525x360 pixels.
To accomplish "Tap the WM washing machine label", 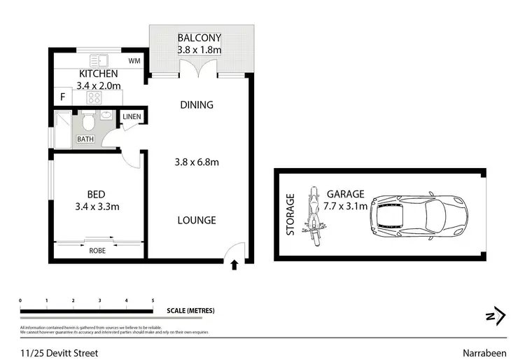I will point(135,62).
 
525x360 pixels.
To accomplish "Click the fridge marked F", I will point(62,97).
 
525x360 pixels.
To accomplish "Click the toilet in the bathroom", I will point(88,123).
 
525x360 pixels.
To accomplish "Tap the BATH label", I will point(85,139).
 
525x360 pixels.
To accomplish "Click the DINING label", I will point(197,105).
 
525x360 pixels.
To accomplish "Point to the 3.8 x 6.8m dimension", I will point(197,162).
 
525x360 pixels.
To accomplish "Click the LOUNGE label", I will point(197,220).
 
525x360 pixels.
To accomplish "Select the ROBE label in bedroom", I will point(97,249).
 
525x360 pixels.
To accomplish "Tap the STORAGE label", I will point(291,214).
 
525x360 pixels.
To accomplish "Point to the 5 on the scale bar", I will point(153,300).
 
